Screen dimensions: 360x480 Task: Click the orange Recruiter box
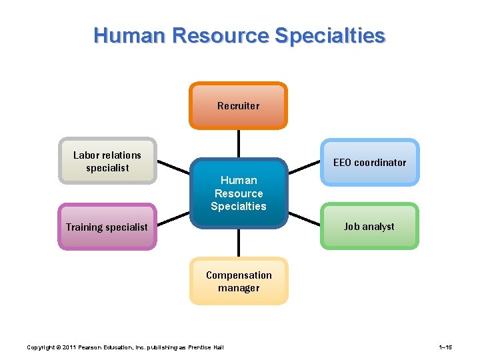[238, 105]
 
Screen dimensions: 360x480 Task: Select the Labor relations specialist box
[107, 161]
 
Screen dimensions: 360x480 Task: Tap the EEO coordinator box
[369, 162]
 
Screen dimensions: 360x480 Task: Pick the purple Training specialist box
[107, 227]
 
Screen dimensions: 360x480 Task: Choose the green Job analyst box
[369, 226]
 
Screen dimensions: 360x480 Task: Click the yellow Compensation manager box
[239, 281]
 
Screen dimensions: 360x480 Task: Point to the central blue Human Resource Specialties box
[239, 193]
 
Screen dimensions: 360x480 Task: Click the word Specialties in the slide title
[332, 35]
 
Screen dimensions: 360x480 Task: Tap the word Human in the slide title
[130, 35]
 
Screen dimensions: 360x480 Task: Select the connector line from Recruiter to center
[238, 143]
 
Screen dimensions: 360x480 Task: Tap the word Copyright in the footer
[41, 347]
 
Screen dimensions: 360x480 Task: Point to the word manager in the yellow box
[239, 288]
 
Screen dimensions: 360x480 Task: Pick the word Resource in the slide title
[220, 35]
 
